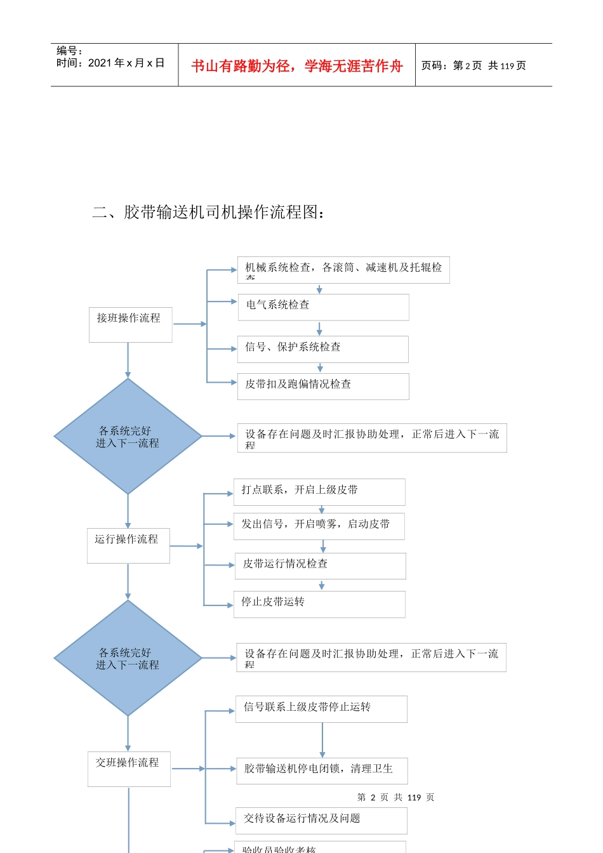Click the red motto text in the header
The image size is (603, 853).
point(296,66)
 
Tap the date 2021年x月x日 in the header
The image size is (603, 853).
point(126,63)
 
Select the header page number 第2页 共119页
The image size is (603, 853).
point(474,66)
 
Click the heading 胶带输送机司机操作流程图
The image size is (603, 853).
point(209,212)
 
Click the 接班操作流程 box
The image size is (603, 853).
point(130,324)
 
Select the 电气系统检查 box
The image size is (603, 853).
point(323,307)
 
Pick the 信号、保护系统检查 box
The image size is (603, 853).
point(322,349)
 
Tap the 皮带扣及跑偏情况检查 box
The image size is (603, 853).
point(323,386)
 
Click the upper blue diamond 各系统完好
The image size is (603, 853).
point(128,437)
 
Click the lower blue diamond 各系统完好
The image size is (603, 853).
point(128,658)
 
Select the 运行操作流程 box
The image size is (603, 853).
point(128,545)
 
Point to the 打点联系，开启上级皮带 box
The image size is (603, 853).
point(319,492)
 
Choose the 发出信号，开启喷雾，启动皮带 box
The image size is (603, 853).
point(319,526)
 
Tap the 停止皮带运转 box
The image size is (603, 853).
point(319,604)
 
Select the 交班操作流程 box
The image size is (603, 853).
point(129,769)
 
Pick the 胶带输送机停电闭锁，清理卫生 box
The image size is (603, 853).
point(322,770)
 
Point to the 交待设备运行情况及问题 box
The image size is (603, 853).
point(322,821)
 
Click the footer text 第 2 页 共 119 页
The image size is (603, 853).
point(395,797)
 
